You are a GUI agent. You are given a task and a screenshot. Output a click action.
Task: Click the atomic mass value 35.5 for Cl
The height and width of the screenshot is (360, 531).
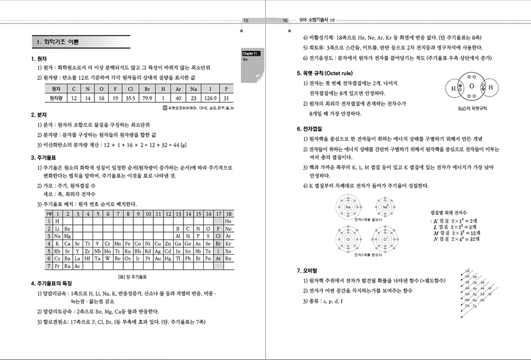pyautogui.click(x=129, y=97)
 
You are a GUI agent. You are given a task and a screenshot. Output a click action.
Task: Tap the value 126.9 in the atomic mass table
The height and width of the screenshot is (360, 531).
pyautogui.click(x=210, y=97)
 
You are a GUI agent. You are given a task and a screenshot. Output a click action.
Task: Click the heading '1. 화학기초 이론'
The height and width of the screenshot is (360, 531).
pyautogui.click(x=63, y=42)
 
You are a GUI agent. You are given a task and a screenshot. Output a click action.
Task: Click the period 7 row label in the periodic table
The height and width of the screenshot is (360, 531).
pyautogui.click(x=49, y=266)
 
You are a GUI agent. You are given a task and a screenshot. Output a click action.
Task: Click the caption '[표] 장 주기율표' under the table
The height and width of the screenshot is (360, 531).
pyautogui.click(x=138, y=276)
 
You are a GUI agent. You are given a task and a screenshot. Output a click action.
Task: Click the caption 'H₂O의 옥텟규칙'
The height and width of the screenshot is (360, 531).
pyautogui.click(x=472, y=109)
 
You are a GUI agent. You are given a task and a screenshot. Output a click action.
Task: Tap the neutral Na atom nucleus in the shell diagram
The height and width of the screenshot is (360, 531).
pyautogui.click(x=348, y=208)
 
